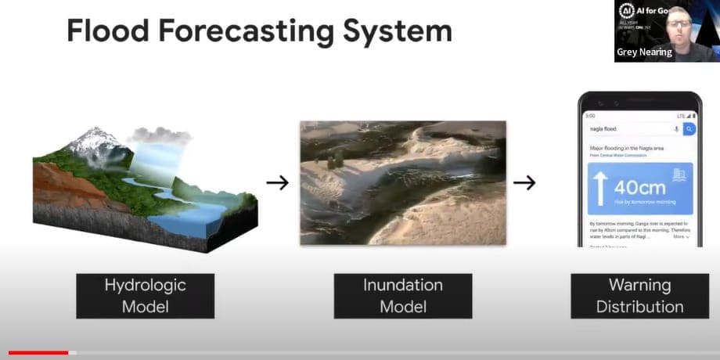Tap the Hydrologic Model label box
145,295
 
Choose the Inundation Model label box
402,295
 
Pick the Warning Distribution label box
639,295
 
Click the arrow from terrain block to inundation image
277,182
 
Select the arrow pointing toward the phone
524,182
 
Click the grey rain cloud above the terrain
161,135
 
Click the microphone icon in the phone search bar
675,129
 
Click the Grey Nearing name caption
644,52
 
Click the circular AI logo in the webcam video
626,11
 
